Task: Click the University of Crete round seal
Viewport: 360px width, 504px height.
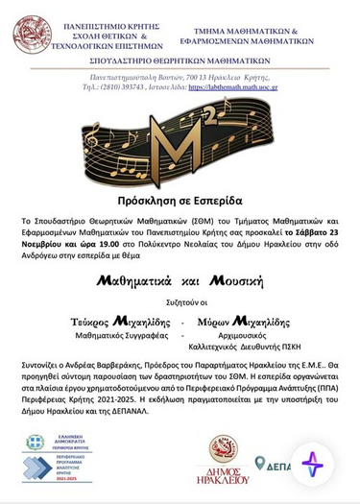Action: point(33,34)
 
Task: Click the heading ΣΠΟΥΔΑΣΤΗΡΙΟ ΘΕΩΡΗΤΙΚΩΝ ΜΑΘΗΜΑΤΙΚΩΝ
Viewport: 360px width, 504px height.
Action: point(180,60)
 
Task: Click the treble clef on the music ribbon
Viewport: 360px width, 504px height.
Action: point(93,145)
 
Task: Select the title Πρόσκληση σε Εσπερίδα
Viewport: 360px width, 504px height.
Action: point(180,201)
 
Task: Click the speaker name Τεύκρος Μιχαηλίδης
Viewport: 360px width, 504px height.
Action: point(120,322)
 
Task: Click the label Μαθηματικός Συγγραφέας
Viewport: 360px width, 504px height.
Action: point(121,337)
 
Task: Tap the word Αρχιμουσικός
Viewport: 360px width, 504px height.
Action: point(245,337)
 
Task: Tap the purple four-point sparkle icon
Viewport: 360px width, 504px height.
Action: point(313,465)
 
